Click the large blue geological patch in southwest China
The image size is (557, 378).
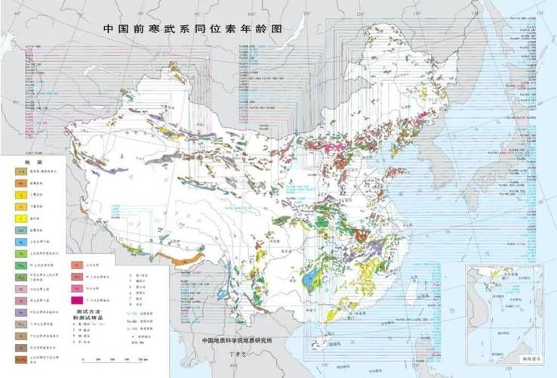point(310,281)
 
